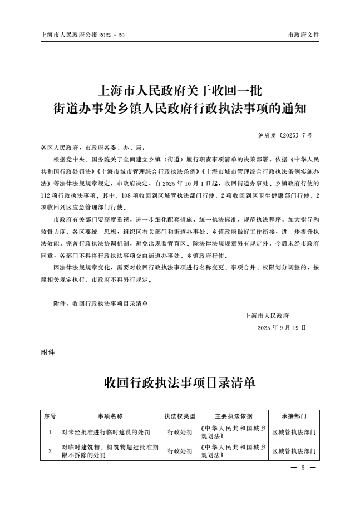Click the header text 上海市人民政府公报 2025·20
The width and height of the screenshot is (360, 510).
tap(83, 35)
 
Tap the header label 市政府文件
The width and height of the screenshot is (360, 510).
tap(303, 35)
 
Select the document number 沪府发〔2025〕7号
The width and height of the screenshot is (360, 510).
tap(285, 135)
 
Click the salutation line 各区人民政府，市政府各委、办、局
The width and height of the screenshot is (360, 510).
tap(93, 148)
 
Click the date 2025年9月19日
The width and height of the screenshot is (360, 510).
tap(282, 327)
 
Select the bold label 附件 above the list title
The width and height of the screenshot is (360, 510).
tap(48, 352)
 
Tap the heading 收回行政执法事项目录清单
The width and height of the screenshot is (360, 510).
tap(180, 383)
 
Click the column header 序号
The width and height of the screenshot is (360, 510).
tap(50, 416)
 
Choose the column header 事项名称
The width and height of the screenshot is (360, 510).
tap(110, 416)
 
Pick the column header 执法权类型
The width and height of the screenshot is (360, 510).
tap(179, 416)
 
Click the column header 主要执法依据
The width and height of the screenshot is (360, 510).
tap(233, 416)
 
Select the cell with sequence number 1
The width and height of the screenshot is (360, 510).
tap(50, 431)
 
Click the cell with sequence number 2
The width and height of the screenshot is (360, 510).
tap(50, 450)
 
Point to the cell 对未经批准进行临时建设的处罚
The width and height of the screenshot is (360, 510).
tap(106, 431)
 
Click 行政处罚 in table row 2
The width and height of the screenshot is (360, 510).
tap(179, 450)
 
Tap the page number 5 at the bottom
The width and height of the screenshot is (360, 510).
tap(303, 468)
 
